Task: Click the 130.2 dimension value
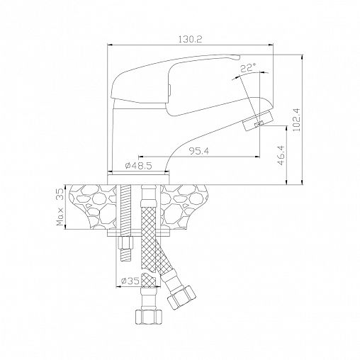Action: click(190, 39)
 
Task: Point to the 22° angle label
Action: click(248, 68)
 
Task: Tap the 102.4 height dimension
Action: click(296, 120)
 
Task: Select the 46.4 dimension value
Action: click(281, 155)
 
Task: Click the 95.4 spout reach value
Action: click(199, 151)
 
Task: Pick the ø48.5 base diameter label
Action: click(138, 166)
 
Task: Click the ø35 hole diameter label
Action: click(130, 281)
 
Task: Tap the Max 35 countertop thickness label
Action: click(60, 207)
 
